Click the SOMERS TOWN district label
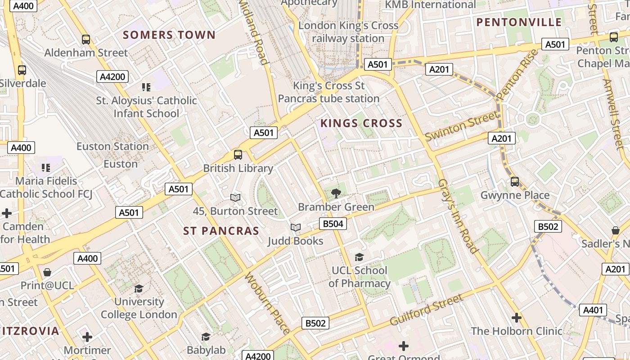(169, 35)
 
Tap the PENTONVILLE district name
(519, 22)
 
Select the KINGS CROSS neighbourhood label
(361, 123)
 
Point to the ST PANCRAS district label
(221, 231)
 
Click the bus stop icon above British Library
(238, 155)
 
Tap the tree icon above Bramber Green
(336, 193)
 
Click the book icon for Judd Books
(295, 228)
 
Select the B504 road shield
(333, 224)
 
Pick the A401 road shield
(593, 310)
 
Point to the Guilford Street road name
(426, 309)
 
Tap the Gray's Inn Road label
(457, 216)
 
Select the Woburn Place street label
(267, 303)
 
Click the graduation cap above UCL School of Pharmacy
(359, 257)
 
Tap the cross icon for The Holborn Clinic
(517, 318)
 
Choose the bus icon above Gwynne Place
(515, 182)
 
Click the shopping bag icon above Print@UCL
(47, 272)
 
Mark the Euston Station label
(112, 147)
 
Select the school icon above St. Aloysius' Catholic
(146, 87)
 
